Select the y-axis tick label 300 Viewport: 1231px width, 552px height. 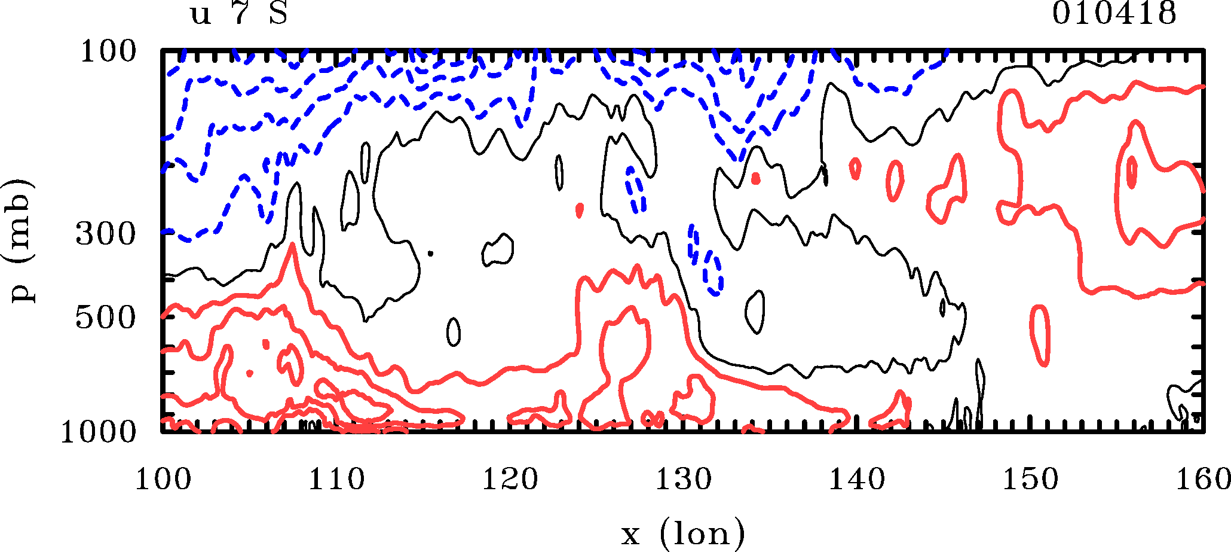click(106, 234)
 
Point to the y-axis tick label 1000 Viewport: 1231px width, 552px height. click(99, 432)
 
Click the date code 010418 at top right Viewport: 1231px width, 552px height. click(1114, 14)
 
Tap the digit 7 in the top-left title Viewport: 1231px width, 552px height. click(240, 14)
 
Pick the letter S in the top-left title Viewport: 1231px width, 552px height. click(278, 14)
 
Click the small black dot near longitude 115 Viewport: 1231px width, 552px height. click(430, 254)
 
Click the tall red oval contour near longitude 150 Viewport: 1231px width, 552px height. click(1040, 336)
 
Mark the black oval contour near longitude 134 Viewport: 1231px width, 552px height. click(756, 312)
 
